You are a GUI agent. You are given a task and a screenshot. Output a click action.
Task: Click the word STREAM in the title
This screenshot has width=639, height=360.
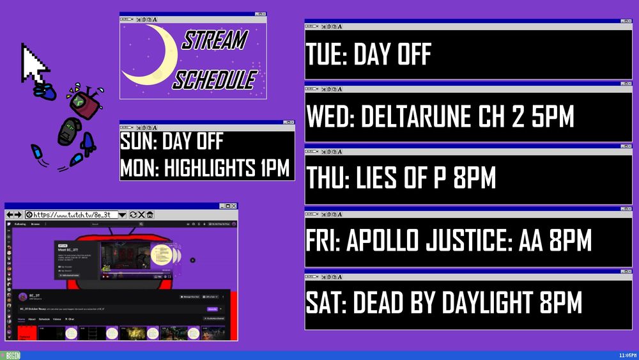(214, 41)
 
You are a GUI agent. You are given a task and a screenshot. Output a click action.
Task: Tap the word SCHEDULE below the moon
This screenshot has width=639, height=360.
(215, 80)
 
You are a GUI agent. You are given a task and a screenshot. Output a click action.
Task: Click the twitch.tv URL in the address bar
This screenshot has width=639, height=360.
(75, 215)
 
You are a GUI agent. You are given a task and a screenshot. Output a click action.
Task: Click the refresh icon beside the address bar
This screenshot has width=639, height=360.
(133, 215)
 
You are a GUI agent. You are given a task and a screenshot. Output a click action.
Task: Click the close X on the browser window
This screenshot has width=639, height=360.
(234, 206)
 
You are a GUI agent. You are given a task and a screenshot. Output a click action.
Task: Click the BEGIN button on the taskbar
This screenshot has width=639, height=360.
(12, 356)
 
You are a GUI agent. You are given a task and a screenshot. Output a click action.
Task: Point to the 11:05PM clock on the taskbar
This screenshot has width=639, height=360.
(627, 356)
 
